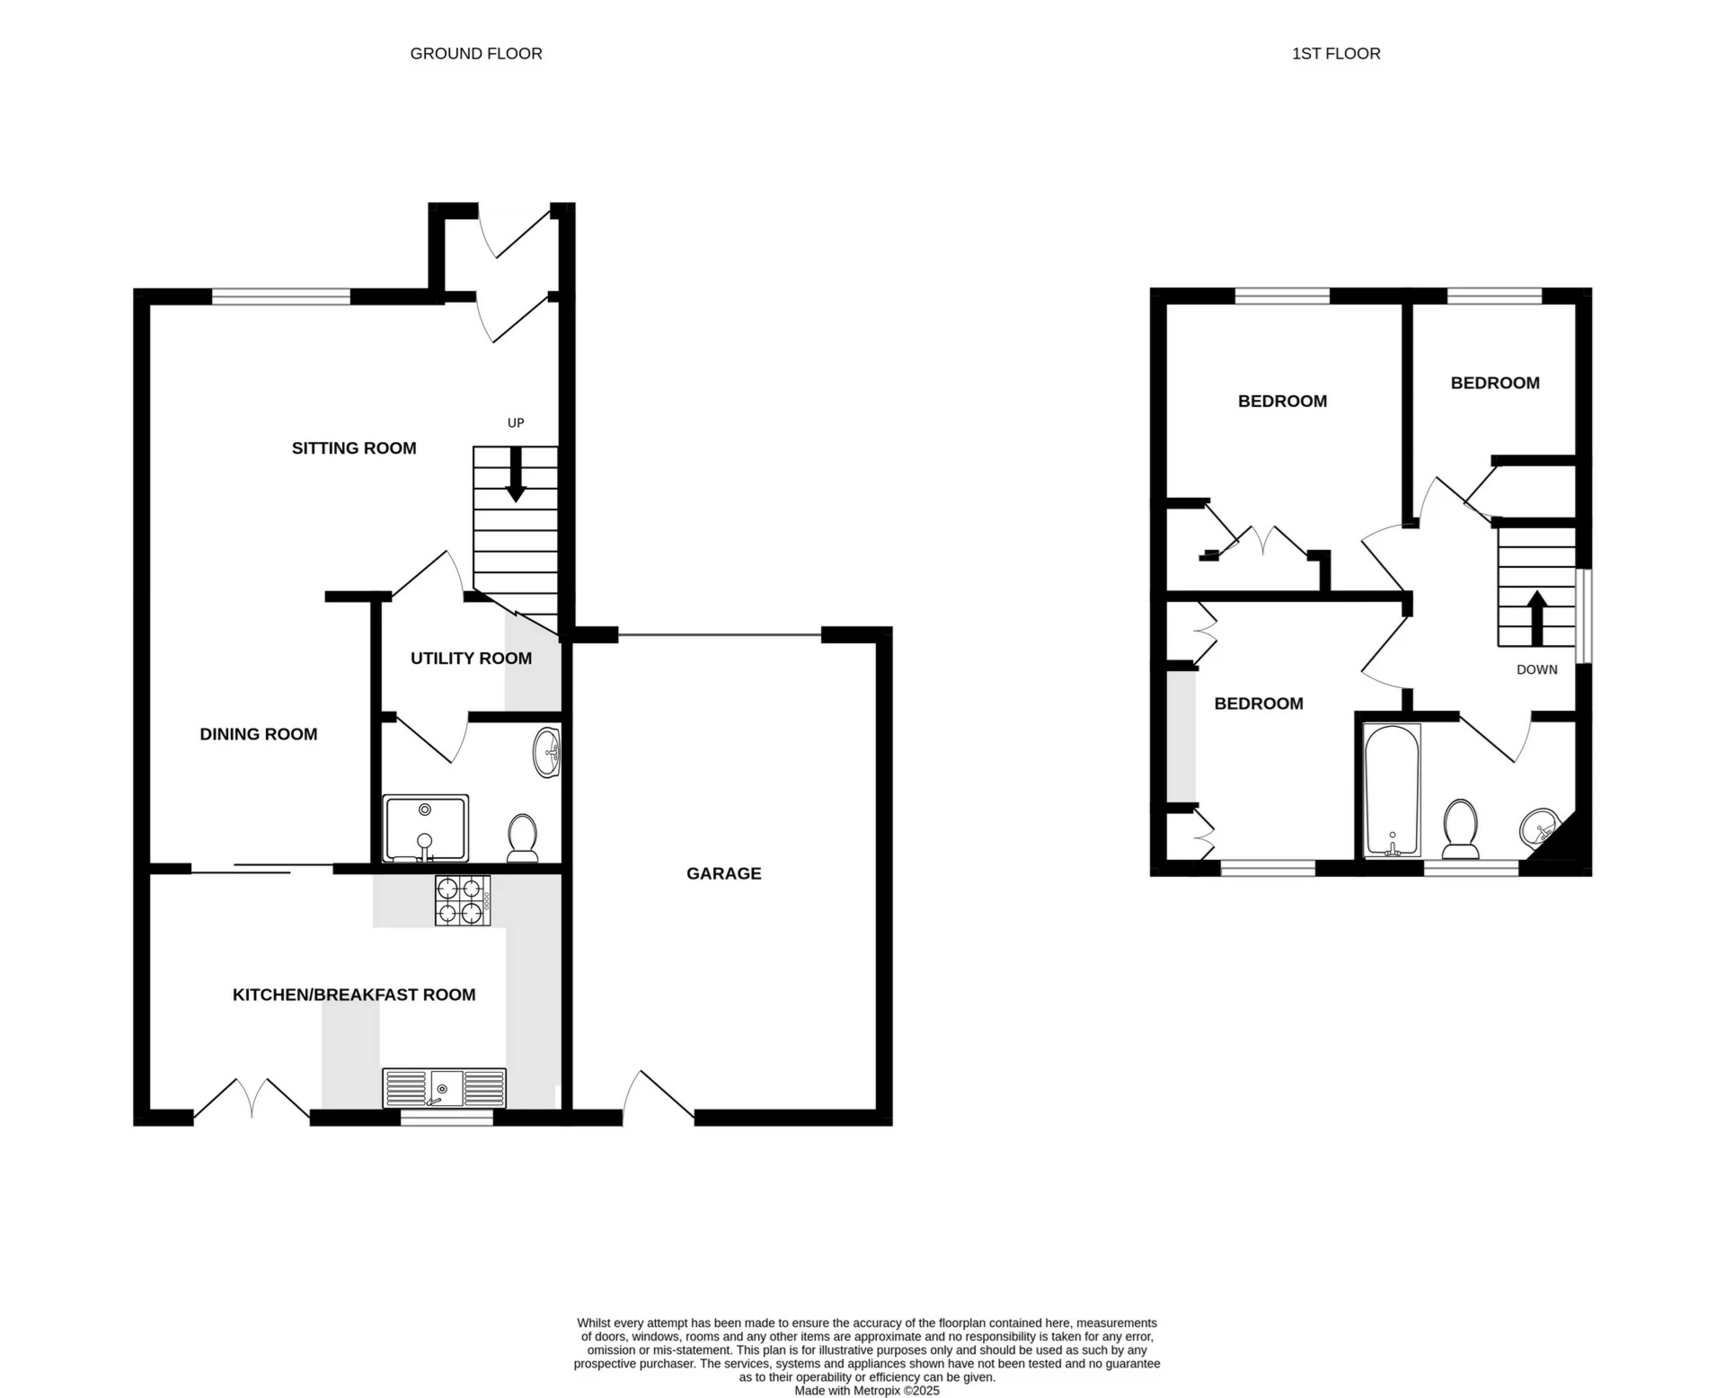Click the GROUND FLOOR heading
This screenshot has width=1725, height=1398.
[x=476, y=54]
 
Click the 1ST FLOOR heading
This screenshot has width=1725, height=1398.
[x=1336, y=54]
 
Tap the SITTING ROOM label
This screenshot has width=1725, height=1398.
[x=354, y=448]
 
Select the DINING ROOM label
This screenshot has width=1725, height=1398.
[x=259, y=734]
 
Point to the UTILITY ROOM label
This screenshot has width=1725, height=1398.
[x=471, y=659]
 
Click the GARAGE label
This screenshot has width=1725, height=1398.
[x=723, y=873]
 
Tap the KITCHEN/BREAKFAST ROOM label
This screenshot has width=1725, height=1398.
[x=354, y=995]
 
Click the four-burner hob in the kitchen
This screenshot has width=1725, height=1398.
[x=463, y=900]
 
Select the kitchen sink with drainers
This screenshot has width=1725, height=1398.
[x=444, y=1088]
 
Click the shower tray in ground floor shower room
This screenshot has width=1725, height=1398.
[x=425, y=827]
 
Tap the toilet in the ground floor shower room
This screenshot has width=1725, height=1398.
[x=522, y=836]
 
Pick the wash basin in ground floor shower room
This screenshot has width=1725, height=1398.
[x=546, y=753]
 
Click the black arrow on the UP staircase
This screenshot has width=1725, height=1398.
[x=516, y=474]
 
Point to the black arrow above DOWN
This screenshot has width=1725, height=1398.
[x=1537, y=616]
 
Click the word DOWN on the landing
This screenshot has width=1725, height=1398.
[x=1536, y=669]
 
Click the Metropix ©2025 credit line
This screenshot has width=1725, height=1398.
[x=867, y=1390]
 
